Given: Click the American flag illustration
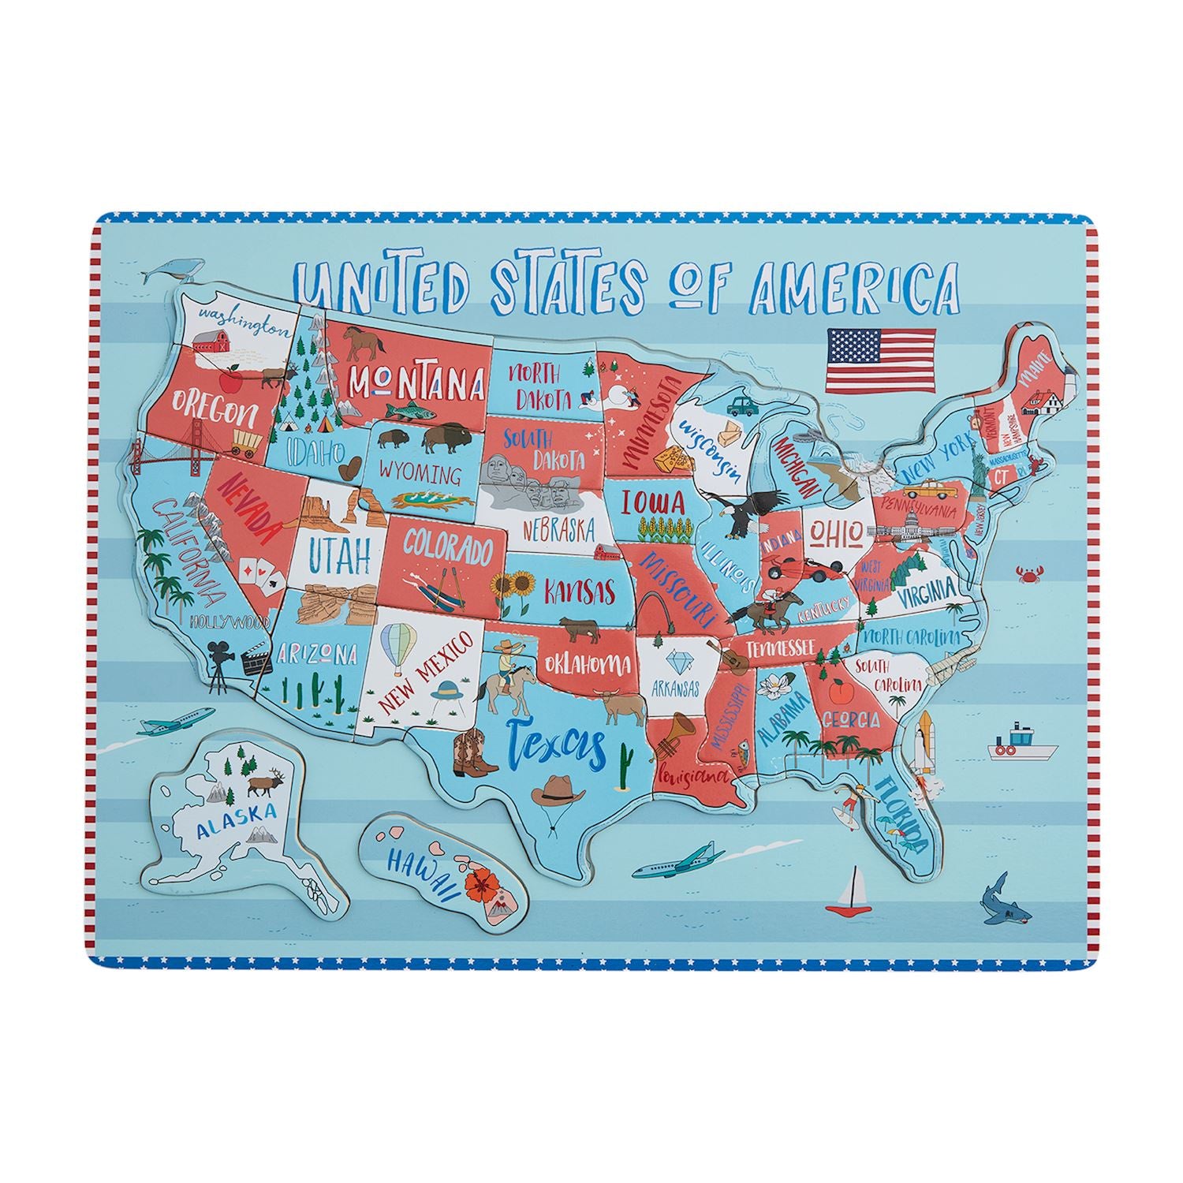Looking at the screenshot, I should pos(880,361).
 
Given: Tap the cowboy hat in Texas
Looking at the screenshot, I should pos(558,789).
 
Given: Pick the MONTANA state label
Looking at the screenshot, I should pos(416,383).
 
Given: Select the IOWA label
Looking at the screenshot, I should pos(652,502).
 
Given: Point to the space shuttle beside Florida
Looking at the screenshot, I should pos(925,739).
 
